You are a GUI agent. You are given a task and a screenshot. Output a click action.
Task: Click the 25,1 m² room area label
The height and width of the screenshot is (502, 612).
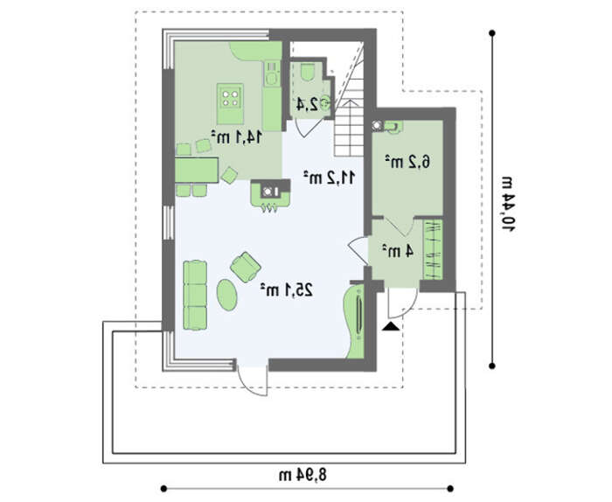[x=287, y=290]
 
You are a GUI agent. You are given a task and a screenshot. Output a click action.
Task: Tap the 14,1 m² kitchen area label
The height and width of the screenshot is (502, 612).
[x=237, y=137]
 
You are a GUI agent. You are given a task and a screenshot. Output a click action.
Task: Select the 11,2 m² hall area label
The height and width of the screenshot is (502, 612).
[x=329, y=178]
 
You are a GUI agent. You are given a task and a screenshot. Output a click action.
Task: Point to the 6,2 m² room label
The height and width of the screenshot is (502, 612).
[x=407, y=161]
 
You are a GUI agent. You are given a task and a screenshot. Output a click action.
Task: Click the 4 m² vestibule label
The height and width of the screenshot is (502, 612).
[x=397, y=251]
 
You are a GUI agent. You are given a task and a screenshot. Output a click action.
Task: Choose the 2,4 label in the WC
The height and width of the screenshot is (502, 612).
[x=307, y=104]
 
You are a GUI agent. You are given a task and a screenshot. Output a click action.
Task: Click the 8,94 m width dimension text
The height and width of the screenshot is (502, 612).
[x=303, y=475]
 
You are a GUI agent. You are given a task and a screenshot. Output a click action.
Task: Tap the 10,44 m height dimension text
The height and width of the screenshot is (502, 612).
[x=508, y=204]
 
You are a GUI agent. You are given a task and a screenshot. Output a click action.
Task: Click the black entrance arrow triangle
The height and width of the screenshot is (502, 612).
[x=391, y=326]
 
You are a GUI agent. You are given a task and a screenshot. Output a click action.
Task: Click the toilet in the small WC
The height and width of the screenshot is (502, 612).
[x=309, y=71]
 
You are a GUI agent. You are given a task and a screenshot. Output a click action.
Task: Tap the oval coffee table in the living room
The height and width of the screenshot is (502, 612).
[x=226, y=295]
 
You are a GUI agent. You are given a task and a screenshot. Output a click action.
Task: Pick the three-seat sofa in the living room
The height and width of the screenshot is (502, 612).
[x=195, y=295]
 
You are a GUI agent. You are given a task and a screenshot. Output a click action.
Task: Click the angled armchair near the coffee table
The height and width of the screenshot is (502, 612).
[x=245, y=267]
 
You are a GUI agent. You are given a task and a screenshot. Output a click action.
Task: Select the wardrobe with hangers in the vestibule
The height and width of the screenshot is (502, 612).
[x=433, y=249]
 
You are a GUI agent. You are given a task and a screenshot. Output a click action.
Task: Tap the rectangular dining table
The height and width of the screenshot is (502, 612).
[x=197, y=170]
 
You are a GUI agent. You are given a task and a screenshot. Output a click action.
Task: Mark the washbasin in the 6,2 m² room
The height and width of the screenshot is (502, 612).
[x=393, y=127]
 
